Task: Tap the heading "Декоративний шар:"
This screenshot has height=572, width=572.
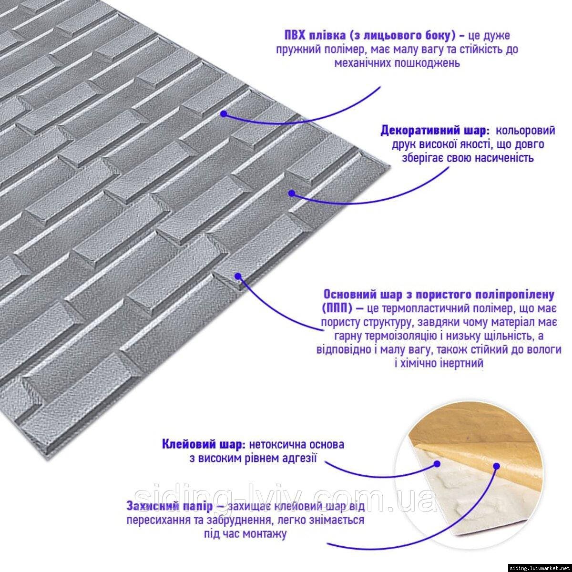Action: [435, 131]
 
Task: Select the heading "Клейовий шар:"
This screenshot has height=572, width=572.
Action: [204, 444]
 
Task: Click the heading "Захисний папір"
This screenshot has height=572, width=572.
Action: [170, 506]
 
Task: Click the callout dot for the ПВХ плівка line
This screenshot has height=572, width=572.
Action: [224, 114]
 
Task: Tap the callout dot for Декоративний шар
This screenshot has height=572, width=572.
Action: [292, 193]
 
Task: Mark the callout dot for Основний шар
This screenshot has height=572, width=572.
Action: [238, 276]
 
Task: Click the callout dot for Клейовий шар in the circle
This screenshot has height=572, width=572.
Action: [437, 464]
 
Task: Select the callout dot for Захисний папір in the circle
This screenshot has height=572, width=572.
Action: [497, 466]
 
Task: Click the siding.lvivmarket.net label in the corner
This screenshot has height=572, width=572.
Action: [540, 567]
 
